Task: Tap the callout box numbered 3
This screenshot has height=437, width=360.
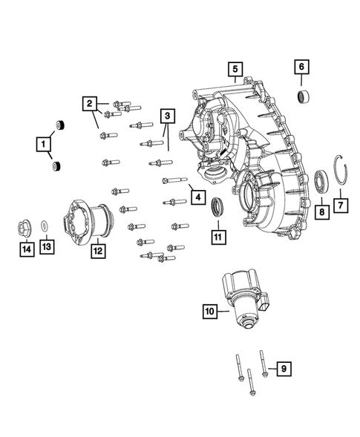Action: pyautogui.click(x=168, y=116)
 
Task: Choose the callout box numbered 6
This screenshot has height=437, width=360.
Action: pyautogui.click(x=302, y=67)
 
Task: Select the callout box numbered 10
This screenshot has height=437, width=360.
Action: pyautogui.click(x=210, y=312)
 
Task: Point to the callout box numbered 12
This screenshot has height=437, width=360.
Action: pyautogui.click(x=97, y=251)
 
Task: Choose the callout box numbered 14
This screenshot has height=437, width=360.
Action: pyautogui.click(x=25, y=249)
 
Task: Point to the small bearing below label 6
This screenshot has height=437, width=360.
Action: pyautogui.click(x=304, y=96)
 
